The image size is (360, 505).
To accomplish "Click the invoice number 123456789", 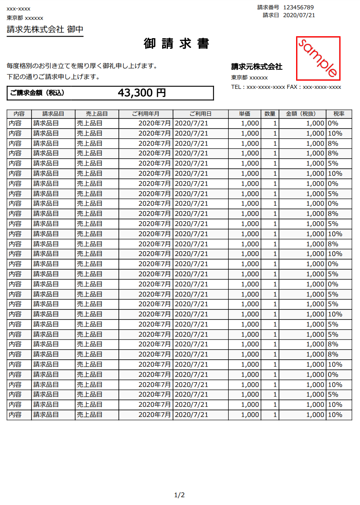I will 298,7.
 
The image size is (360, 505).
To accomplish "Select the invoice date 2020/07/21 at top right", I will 299,15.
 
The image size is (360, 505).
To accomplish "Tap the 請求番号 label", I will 268,7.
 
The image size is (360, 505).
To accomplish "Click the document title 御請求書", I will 176,44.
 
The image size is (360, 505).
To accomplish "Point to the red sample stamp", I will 318,58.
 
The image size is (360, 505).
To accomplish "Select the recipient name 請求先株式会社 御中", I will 45,30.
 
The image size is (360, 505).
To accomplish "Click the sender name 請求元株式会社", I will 257,67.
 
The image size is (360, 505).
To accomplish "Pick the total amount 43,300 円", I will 142,93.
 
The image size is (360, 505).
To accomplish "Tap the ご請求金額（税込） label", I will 37,93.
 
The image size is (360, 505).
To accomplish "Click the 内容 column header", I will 19,114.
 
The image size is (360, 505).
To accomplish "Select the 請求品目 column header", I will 53,114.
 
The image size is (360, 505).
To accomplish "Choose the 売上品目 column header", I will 97,114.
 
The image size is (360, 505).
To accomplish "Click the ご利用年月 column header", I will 146,114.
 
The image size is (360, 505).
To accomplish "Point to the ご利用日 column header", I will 201,114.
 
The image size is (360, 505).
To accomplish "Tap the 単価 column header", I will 245,114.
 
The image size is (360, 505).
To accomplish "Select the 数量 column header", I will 270,114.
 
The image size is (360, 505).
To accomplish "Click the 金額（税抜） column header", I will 302,114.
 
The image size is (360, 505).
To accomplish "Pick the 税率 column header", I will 339,114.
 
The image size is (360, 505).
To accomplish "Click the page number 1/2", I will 179,495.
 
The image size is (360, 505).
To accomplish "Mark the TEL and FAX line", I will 286,87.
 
